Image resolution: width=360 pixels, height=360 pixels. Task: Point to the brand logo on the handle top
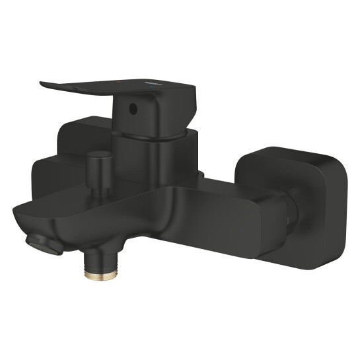coord(157,83)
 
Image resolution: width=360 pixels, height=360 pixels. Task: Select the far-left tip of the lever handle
coord(42,83)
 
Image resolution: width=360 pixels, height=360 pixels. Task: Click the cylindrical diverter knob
coord(101,162)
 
